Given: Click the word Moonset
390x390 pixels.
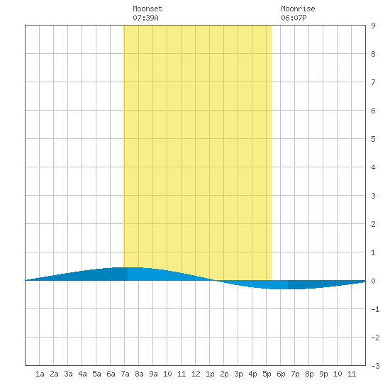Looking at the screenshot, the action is click(x=147, y=9).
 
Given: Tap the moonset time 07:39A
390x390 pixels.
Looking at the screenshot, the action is click(x=145, y=18).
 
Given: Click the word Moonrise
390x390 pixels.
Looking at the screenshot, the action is click(x=298, y=9).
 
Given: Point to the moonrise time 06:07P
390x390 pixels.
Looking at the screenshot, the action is click(x=294, y=18).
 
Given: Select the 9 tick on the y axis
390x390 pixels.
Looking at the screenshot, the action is click(x=373, y=26).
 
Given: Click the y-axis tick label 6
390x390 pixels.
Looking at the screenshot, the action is click(x=373, y=111).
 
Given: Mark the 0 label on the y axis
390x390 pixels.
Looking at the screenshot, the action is click(x=373, y=281).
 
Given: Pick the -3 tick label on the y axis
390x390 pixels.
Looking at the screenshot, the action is click(x=375, y=366).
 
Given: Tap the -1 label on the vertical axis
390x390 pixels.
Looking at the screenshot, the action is click(x=375, y=309).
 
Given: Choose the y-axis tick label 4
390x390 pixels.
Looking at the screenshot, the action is click(x=373, y=167).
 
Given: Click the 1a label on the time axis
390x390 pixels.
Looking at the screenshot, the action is click(x=40, y=374).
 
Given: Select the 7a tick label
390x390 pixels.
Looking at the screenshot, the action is click(x=125, y=374).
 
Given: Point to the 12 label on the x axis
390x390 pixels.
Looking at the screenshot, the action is click(x=196, y=374).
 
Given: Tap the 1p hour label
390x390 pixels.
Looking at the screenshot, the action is click(x=210, y=374).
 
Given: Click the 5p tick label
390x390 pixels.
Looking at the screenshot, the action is click(x=267, y=374).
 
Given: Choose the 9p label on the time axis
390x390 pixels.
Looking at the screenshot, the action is click(x=323, y=374).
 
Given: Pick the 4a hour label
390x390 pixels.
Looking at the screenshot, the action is click(x=82, y=374).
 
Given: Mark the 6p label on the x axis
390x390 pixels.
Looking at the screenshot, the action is click(x=281, y=374).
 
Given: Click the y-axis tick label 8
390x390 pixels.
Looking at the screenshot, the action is click(x=373, y=54).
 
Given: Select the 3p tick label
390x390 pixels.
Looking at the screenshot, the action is click(x=238, y=374).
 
